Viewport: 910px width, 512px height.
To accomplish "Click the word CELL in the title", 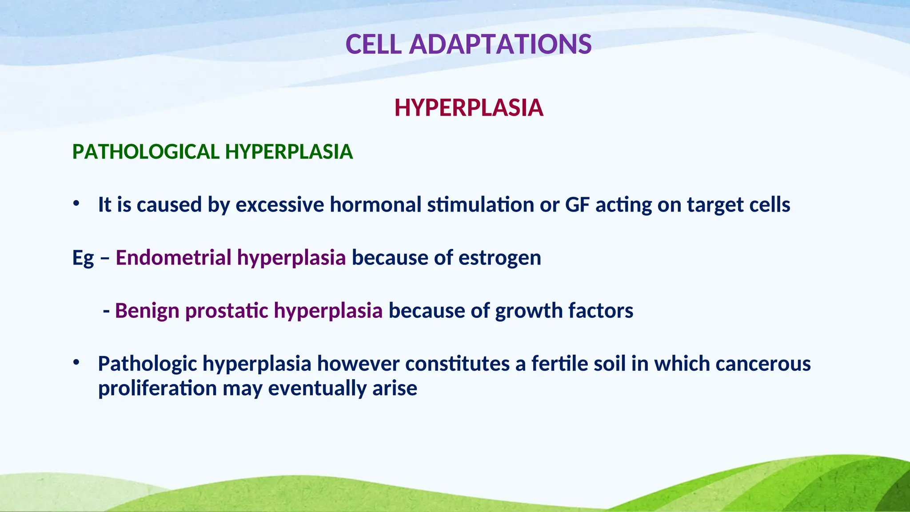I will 374,44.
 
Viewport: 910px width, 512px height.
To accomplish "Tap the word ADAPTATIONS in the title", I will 500,44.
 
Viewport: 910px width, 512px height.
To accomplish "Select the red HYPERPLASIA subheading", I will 469,108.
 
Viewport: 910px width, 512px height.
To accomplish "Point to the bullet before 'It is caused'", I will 76,204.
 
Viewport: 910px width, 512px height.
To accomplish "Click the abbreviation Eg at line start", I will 83,258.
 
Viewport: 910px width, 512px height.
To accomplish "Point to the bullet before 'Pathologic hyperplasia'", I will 76,363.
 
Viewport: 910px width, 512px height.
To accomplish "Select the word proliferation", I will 157,388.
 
